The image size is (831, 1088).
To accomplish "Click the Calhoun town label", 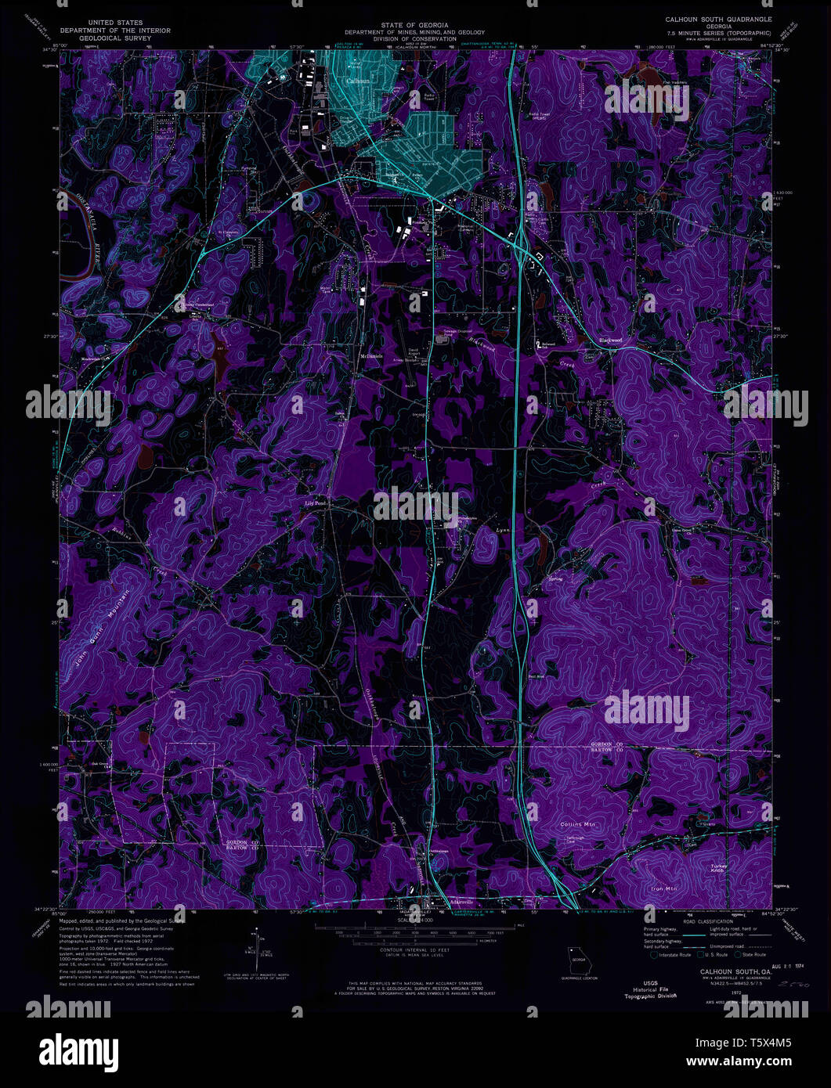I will [x=358, y=81].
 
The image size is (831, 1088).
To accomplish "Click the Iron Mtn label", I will [x=663, y=889].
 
